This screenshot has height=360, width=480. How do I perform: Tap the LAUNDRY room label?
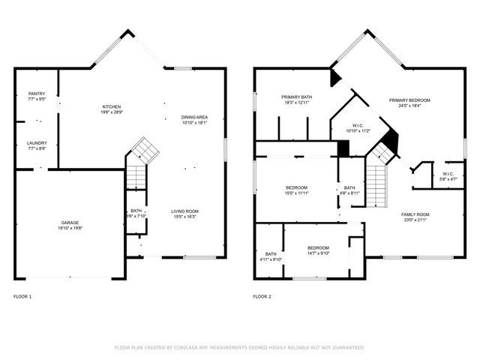[x=37, y=143]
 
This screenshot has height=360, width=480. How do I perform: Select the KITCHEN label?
[x=112, y=106]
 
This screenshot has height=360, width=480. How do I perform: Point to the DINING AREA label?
[x=194, y=117]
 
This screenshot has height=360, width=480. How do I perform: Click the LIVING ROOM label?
[x=184, y=211]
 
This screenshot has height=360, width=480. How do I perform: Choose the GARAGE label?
[x=70, y=223]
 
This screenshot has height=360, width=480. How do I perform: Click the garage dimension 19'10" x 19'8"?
[x=70, y=229]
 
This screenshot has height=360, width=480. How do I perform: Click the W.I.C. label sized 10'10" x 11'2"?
[x=358, y=125]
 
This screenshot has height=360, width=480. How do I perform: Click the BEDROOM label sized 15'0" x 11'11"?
[x=295, y=187]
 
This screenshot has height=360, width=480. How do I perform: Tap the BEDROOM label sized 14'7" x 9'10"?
[x=317, y=247]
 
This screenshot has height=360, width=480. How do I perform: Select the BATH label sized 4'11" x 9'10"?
[x=270, y=253]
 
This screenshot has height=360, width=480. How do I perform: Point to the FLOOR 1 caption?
[x=22, y=297]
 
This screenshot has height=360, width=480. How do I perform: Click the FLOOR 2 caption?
[x=262, y=297]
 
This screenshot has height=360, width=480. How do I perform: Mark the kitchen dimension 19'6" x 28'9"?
[x=112, y=112]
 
